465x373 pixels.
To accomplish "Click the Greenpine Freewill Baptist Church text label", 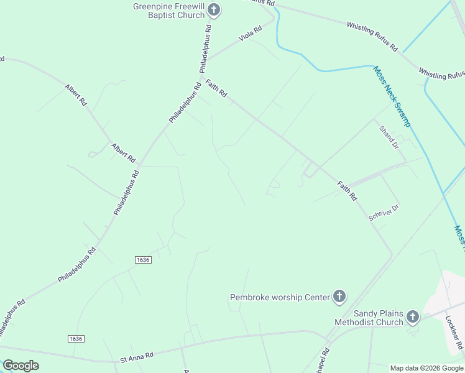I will click(169, 11).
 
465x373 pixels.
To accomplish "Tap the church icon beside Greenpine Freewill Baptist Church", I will click(214, 9).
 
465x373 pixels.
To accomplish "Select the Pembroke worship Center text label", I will click(280, 297).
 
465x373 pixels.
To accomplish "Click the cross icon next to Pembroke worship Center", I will click(339, 297).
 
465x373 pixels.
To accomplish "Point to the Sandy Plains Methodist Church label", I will click(369, 318).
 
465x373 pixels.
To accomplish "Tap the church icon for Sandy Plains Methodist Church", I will click(412, 318).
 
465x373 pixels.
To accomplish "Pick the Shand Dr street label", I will click(389, 137).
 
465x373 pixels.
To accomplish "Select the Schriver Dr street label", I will click(383, 212).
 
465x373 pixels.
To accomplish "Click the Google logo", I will click(21, 366).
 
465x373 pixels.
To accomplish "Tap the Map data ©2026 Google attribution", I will click(426, 368).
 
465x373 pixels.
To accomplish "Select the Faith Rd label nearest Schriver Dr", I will click(347, 190).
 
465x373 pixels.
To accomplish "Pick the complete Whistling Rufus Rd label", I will click(372, 35).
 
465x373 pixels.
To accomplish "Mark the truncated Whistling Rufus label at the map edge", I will click(441, 74).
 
